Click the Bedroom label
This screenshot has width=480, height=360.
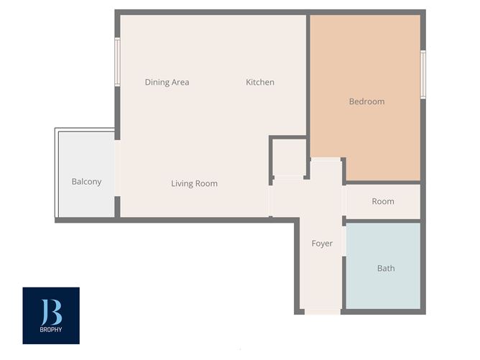[x=366, y=101]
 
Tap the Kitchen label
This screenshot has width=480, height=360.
[x=260, y=82]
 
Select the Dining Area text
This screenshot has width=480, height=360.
[x=167, y=82]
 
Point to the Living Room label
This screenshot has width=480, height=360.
[x=194, y=183]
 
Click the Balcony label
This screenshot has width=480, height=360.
[x=86, y=182]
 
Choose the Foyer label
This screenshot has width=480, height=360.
[x=322, y=244]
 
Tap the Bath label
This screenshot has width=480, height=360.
[x=386, y=268]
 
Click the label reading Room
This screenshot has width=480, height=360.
[x=383, y=201]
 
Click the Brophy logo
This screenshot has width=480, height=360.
[x=51, y=315]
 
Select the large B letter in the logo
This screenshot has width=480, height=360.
[x=51, y=310]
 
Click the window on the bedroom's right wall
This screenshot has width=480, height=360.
[x=423, y=74]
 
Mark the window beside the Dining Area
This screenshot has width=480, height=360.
[x=117, y=62]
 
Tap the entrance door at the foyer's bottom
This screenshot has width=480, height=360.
[x=322, y=312]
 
